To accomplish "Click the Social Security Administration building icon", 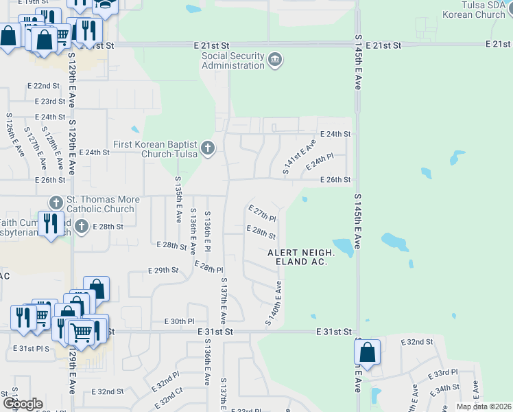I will [x=275, y=60].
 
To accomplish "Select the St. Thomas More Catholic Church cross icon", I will [x=56, y=203].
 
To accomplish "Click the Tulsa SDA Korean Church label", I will [x=473, y=10].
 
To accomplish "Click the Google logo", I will [x=23, y=404].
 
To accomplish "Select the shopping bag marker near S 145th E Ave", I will [x=367, y=353].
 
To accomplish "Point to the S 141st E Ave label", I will [x=301, y=157].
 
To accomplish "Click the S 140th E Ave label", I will [x=273, y=304].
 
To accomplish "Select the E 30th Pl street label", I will [x=180, y=321].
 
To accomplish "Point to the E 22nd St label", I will [x=43, y=86].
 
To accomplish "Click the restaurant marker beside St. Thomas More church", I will [x=50, y=224].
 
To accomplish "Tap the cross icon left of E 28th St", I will [x=81, y=226].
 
